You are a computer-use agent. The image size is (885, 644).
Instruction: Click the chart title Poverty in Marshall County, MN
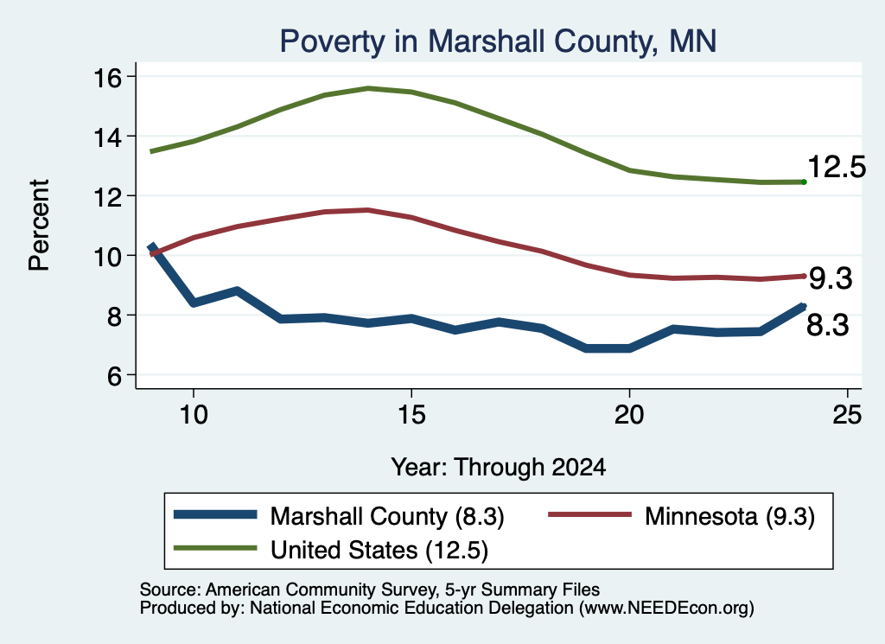coord(498,41)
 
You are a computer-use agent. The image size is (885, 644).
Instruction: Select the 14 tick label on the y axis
coord(107,137)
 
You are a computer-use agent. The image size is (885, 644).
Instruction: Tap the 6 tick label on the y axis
coord(114,376)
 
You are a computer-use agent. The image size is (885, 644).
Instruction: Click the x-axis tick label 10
coord(194,415)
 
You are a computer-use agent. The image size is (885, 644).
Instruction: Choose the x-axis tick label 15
coord(411,415)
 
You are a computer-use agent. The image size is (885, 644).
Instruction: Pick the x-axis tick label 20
coord(629,415)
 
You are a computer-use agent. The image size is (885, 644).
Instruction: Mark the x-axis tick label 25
coord(847,415)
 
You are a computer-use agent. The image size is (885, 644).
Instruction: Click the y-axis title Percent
coord(40,226)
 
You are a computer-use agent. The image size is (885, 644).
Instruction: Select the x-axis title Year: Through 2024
coord(499,468)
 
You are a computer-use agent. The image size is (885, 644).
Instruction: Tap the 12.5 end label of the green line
coord(837,167)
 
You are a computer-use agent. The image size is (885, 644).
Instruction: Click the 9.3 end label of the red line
coord(831,278)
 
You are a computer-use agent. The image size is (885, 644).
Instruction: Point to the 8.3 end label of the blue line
coord(827,326)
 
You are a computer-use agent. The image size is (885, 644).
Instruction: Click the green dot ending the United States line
coord(804,182)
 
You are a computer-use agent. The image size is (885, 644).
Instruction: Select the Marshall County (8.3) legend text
coord(387,516)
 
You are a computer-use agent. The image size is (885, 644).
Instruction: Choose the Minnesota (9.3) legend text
coord(729,516)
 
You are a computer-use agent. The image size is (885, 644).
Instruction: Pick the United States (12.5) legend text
coord(379,551)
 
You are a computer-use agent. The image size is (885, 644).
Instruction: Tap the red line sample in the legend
coord(589,514)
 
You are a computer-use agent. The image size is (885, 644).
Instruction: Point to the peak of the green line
coord(368,88)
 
